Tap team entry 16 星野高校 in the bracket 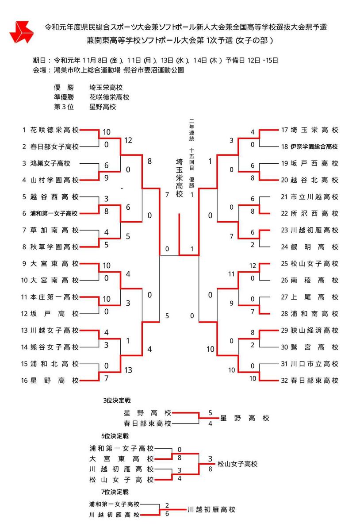pyautogui.click(x=50, y=380)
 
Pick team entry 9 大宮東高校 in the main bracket pyautogui.click(x=50, y=264)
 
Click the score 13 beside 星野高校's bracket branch pyautogui.click(x=128, y=370)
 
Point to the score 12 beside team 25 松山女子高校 pyautogui.click(x=253, y=266)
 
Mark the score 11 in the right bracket pyautogui.click(x=231, y=274)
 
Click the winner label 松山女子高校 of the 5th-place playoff pyautogui.click(x=237, y=464)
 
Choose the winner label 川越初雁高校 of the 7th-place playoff pyautogui.click(x=211, y=509)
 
